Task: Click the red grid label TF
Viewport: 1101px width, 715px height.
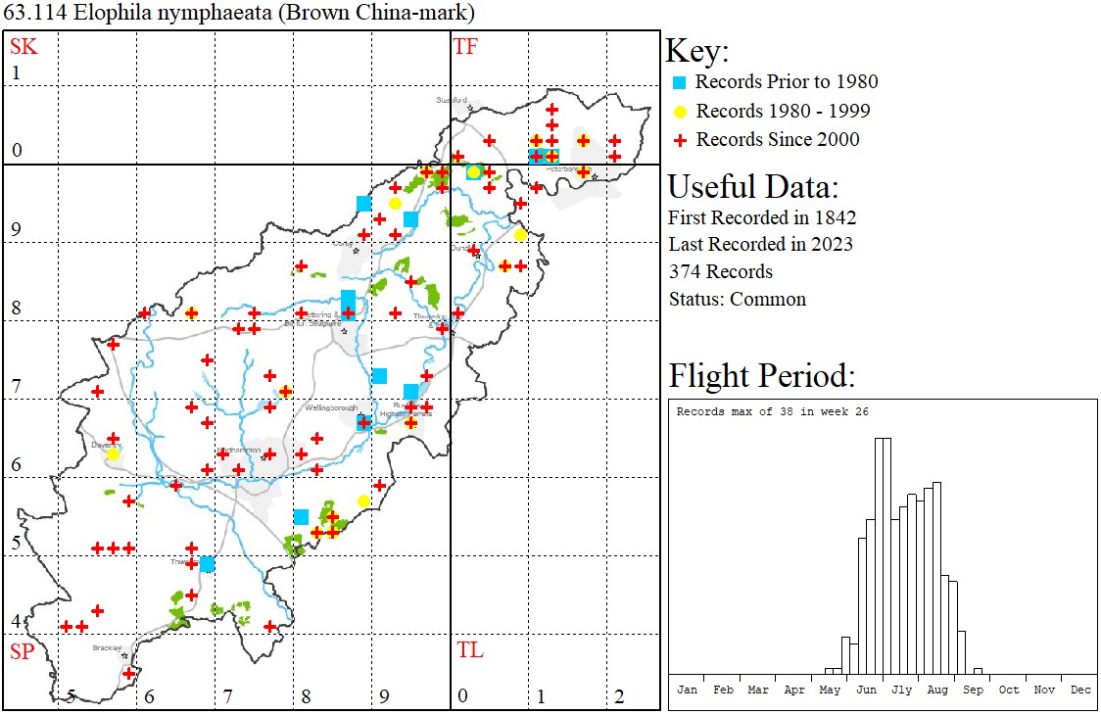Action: [x=465, y=46]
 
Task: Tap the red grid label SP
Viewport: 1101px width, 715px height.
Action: [x=22, y=651]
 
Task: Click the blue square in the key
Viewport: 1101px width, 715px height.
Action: [x=680, y=82]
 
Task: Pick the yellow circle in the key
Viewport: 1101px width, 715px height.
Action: [x=680, y=111]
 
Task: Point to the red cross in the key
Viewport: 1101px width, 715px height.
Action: [x=680, y=140]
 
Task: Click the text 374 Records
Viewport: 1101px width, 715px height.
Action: [x=721, y=271]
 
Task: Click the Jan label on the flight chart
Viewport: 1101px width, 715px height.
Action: [x=687, y=690]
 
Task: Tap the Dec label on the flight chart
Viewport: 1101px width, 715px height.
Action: [x=1080, y=690]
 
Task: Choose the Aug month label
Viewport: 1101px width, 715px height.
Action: [x=937, y=690]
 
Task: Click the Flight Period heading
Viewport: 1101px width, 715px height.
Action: [x=761, y=376]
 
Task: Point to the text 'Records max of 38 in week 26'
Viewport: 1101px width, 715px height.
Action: [x=773, y=411]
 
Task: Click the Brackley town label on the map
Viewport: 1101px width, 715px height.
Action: [x=106, y=648]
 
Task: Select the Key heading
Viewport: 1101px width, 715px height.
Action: [x=697, y=52]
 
